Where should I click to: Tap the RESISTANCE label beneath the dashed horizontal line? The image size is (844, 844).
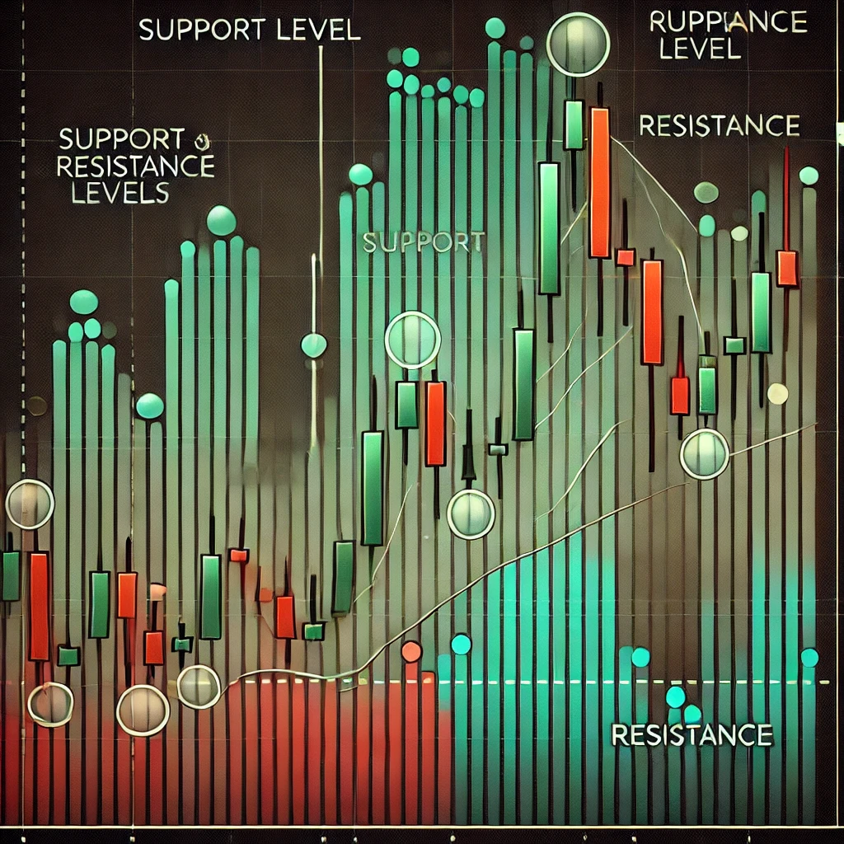point(692,734)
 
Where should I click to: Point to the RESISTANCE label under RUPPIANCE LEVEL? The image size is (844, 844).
point(719,126)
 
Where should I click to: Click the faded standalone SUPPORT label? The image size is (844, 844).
point(423,241)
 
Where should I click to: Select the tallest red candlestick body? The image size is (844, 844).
point(599,182)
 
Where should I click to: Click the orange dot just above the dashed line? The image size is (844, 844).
point(410,652)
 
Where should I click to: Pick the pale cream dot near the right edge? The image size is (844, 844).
point(777,394)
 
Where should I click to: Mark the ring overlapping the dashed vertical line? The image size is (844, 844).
point(30,503)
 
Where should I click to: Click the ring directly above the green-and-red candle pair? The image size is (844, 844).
point(412,340)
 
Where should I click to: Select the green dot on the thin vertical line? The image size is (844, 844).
point(313,345)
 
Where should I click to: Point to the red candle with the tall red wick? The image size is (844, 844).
point(787,268)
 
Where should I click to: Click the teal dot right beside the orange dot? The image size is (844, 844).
point(461,644)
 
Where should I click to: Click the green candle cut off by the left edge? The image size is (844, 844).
point(10,575)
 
